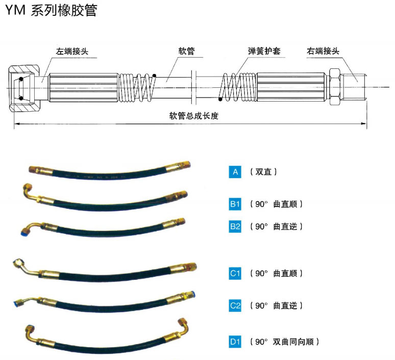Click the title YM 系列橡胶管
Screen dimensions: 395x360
tap(51, 10)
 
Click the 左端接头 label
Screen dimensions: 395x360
tap(72, 51)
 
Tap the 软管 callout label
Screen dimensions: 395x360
tap(186, 51)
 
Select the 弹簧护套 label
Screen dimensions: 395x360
tap(264, 51)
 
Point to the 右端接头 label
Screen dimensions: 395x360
tap(323, 51)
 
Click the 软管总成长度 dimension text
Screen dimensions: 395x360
tap(194, 116)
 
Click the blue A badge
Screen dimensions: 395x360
tap(235, 172)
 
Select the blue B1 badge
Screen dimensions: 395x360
tap(235, 204)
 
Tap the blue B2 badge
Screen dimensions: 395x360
tap(235, 226)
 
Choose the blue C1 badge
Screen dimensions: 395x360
tap(235, 273)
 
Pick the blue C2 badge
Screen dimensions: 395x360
tap(235, 305)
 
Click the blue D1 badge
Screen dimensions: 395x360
tap(235, 342)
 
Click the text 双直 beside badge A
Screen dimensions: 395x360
tap(263, 172)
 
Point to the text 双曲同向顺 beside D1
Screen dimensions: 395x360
tap(293, 342)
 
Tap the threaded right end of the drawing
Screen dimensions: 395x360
tap(354, 87)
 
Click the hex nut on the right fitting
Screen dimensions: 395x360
tap(335, 87)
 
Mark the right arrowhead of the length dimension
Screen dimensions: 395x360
tap(364, 124)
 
